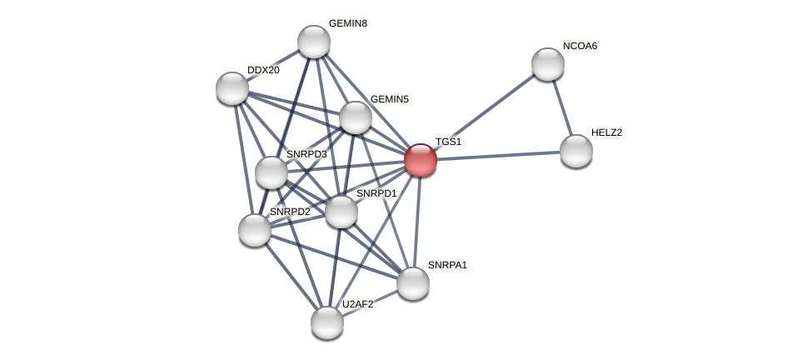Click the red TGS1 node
421,160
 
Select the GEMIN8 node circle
314,42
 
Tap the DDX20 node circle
232,88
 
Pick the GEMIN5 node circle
356,117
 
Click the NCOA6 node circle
548,64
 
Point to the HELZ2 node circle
576,151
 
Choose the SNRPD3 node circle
271,172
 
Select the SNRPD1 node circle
341,212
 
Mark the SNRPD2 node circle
255,230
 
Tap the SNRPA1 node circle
413,283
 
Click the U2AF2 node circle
327,322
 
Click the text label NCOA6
580,46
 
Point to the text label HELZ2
606,132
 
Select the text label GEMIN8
347,23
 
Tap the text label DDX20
263,70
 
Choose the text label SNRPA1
447,265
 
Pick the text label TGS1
448,142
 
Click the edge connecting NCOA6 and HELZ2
562,107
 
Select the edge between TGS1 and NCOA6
484,112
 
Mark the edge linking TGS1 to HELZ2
498,156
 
